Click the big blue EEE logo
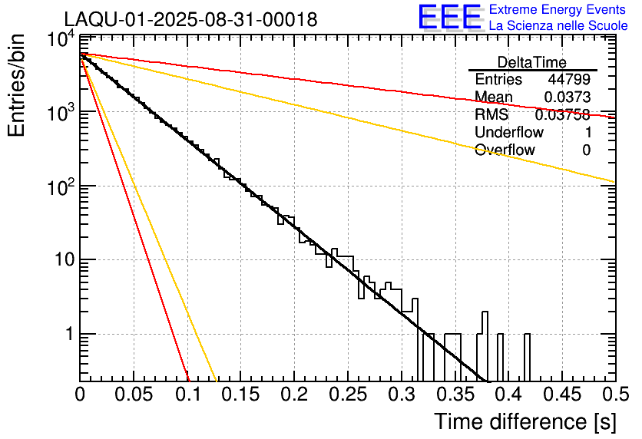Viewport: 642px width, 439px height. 449,18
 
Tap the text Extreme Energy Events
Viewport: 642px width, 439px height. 558,10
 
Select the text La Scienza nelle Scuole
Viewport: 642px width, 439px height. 558,26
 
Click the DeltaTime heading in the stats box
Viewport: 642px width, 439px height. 531,62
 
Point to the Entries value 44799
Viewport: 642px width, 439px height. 569,80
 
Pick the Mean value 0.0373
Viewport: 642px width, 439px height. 567,97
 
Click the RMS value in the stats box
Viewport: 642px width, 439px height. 562,114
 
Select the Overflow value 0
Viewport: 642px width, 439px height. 586,150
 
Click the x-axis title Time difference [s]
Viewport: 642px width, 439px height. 524,421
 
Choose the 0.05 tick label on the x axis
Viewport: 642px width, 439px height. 134,394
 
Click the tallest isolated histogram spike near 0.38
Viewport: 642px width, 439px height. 485,322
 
